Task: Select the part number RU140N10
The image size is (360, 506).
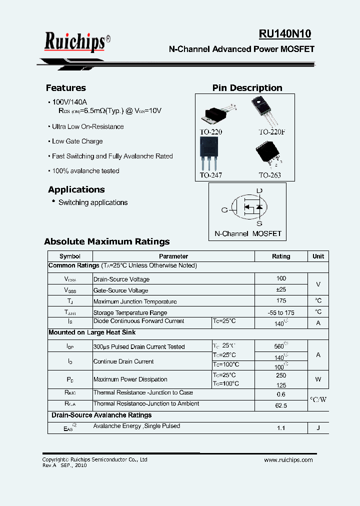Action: (x=284, y=34)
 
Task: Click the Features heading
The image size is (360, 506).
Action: (x=65, y=88)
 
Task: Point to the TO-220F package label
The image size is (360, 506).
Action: (x=272, y=132)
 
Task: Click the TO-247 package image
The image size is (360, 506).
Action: (x=209, y=153)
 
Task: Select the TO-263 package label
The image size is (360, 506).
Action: (x=269, y=175)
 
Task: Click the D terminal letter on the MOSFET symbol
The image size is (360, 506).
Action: (x=259, y=191)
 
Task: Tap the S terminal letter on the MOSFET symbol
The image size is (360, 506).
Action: (x=259, y=223)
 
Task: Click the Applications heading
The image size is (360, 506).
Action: (x=76, y=189)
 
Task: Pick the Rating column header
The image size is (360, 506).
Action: (x=280, y=256)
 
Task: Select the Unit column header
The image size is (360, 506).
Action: (x=318, y=256)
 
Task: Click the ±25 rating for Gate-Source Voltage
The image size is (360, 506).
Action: (x=280, y=289)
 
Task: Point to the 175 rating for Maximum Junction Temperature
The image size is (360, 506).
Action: (x=280, y=301)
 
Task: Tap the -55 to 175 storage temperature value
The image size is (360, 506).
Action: (x=280, y=312)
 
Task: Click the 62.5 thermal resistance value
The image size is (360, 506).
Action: (x=280, y=405)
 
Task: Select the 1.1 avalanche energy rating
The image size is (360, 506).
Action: (x=280, y=428)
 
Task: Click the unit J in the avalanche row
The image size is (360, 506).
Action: (x=318, y=428)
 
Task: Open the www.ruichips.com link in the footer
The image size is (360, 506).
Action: (x=288, y=460)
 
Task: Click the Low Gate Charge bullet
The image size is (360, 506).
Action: (x=77, y=141)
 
